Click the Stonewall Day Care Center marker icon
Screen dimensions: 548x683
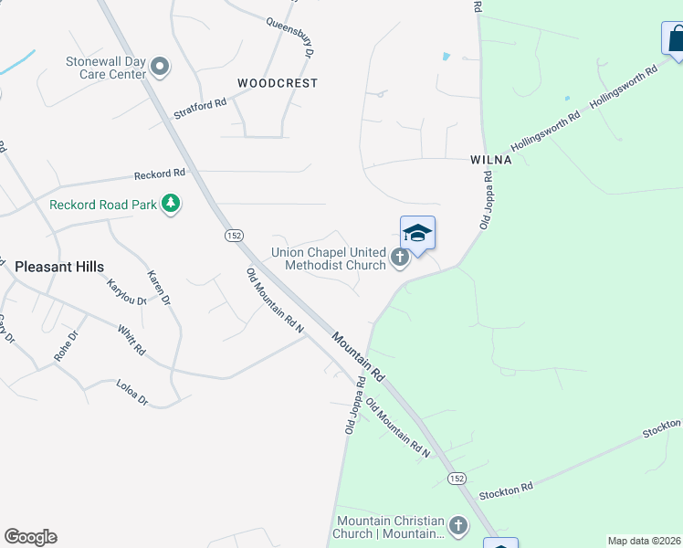pyautogui.click(x=161, y=66)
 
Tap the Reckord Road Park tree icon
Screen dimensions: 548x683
pyautogui.click(x=170, y=204)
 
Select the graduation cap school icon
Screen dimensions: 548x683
pyautogui.click(x=417, y=233)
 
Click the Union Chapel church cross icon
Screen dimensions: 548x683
pyautogui.click(x=399, y=258)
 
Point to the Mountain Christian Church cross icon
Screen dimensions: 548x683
pyautogui.click(x=457, y=526)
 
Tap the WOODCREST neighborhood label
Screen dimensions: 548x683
pyautogui.click(x=278, y=83)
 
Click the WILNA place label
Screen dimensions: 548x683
pyautogui.click(x=490, y=159)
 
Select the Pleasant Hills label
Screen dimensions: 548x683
pyautogui.click(x=59, y=267)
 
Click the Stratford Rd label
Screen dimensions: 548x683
pyautogui.click(x=200, y=110)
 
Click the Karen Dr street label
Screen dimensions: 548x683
pyautogui.click(x=160, y=288)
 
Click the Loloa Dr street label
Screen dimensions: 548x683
pyautogui.click(x=131, y=393)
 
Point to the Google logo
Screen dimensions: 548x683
pyautogui.click(x=30, y=537)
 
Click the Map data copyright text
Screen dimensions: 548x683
pyautogui.click(x=643, y=541)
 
